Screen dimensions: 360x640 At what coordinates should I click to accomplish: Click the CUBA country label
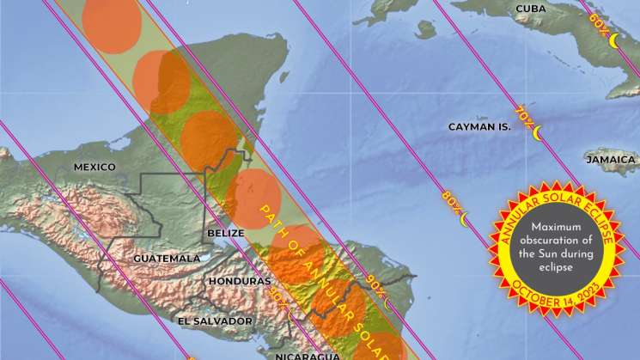[531, 9]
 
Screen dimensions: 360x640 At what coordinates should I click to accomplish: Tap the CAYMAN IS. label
[479, 126]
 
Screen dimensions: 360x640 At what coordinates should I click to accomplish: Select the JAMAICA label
[611, 160]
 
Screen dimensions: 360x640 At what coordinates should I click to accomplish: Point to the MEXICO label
[94, 167]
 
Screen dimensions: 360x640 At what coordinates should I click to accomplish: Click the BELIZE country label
[222, 233]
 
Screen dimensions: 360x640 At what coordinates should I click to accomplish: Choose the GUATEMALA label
[167, 258]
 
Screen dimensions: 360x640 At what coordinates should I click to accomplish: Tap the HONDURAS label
[238, 281]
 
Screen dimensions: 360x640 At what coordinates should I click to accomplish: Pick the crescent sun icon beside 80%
[465, 220]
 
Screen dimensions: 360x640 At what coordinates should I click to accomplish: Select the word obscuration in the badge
[551, 241]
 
